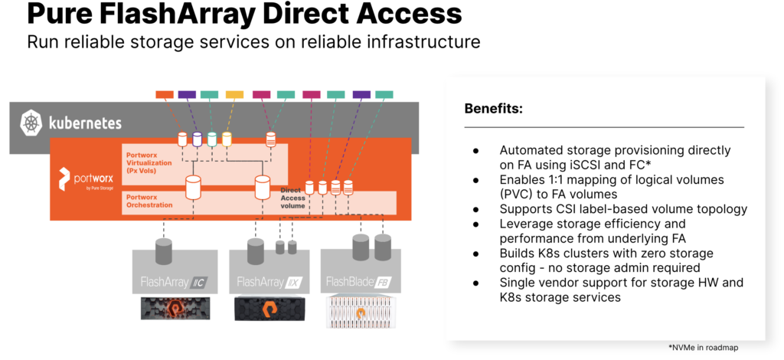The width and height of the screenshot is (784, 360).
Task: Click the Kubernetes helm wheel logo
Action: pos(31,122)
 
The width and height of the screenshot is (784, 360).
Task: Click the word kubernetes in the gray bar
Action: pos(83,123)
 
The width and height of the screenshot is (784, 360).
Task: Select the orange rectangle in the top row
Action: pos(165,94)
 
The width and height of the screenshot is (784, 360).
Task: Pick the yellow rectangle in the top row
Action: pos(234,94)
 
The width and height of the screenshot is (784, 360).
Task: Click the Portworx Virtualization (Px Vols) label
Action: pos(150,162)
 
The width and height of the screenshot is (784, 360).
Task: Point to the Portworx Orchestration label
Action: pos(149,201)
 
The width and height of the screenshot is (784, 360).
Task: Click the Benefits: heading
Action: pos(493,109)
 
